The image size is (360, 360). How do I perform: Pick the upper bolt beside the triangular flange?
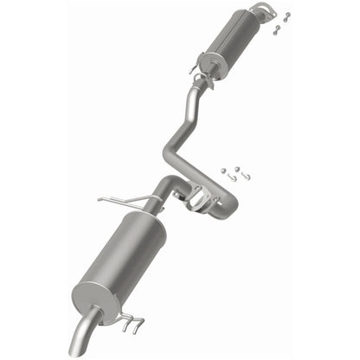point(286,16)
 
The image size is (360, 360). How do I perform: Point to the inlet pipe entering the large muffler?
point(163,192)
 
